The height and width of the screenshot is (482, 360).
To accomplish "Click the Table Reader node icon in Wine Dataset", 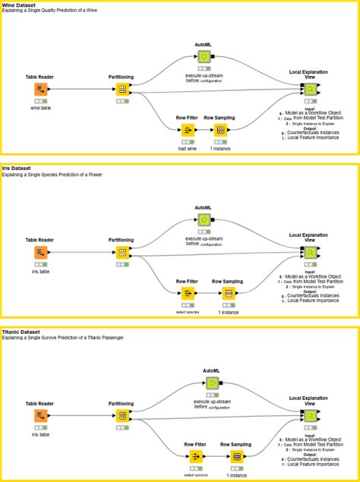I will tap(40, 90).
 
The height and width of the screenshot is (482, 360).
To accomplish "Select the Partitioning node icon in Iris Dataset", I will tap(122, 253).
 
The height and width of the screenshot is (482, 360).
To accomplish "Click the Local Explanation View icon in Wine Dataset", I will tap(310, 90).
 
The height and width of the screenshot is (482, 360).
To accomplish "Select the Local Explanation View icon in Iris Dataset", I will tap(310, 253).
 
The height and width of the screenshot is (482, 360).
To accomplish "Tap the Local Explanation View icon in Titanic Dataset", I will tap(310, 416).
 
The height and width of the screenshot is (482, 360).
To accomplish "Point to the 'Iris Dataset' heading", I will tap(17, 169).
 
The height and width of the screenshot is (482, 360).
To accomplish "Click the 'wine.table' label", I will tap(40, 108).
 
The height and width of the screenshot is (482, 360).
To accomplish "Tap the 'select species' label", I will tap(187, 311).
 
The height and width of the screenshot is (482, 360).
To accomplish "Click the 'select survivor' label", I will tap(196, 474).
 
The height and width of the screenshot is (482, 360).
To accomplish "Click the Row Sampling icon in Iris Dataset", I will tap(228, 293).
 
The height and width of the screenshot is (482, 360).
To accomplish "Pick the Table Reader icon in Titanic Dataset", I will tap(40, 416).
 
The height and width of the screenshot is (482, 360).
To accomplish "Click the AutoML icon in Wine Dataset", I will tap(204, 56).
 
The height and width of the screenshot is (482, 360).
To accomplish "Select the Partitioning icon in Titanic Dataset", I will tap(122, 416).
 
